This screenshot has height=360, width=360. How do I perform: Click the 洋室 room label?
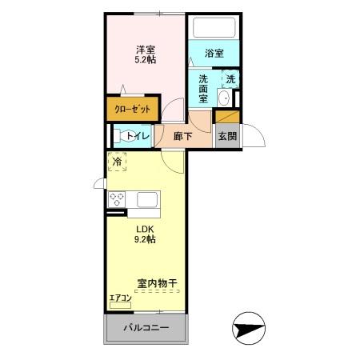point(145,47)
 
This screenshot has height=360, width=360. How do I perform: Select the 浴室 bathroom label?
point(214,54)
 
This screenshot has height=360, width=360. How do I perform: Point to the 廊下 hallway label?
point(183,136)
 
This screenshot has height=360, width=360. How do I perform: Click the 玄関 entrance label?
point(226,135)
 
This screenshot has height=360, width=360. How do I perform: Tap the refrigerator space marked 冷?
point(118,162)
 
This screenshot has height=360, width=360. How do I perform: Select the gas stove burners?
point(118,199)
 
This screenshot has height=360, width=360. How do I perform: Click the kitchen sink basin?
point(146,199)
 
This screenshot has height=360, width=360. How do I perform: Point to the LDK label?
point(145,226)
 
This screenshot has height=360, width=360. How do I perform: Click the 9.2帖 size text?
point(145,238)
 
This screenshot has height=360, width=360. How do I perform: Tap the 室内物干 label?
point(156,282)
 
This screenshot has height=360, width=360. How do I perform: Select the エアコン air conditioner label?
point(120,298)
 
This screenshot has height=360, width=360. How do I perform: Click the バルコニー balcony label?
point(145,328)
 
